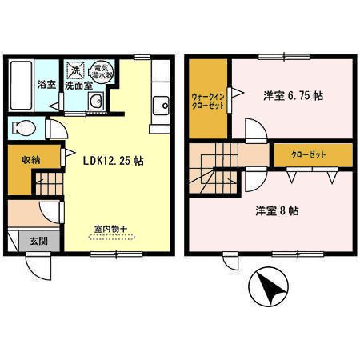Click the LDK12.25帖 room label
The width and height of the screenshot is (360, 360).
coord(114,159)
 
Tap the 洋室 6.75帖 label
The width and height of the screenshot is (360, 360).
coord(293,95)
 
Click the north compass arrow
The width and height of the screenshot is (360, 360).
coord(269,286)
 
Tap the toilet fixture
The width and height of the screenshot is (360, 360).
coord(24,127)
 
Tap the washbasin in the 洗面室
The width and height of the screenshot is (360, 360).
coord(95,102)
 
